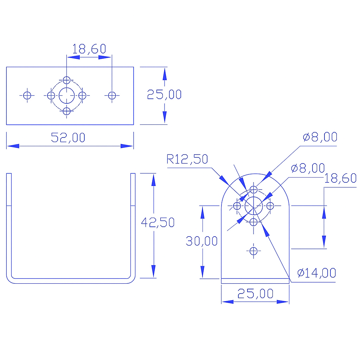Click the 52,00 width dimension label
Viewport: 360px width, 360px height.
click(68, 137)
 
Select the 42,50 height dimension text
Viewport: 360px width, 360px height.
click(157, 222)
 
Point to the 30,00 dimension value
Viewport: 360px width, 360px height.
click(202, 241)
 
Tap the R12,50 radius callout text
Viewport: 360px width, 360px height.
click(187, 159)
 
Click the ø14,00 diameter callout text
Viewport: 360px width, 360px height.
click(316, 272)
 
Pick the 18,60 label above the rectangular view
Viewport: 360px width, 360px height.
click(89, 49)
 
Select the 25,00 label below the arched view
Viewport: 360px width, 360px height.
click(255, 294)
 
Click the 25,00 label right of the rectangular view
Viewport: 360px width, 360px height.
click(164, 95)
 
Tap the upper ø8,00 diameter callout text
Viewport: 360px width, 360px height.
click(320, 137)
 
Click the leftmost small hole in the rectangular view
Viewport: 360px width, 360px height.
click(27, 95)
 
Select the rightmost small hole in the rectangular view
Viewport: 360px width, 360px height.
click(112, 95)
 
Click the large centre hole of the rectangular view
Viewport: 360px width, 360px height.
click(66, 95)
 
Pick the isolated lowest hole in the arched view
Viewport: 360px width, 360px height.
click(253, 251)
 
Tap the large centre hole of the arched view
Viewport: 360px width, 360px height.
click(253, 206)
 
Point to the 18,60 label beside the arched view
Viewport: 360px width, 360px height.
click(340, 179)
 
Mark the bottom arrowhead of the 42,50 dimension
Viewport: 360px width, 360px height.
click(153, 271)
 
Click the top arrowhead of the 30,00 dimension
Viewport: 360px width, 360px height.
click(202, 212)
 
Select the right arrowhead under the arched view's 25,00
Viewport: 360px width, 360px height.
click(283, 302)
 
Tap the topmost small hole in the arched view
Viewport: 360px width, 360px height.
click(253, 190)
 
